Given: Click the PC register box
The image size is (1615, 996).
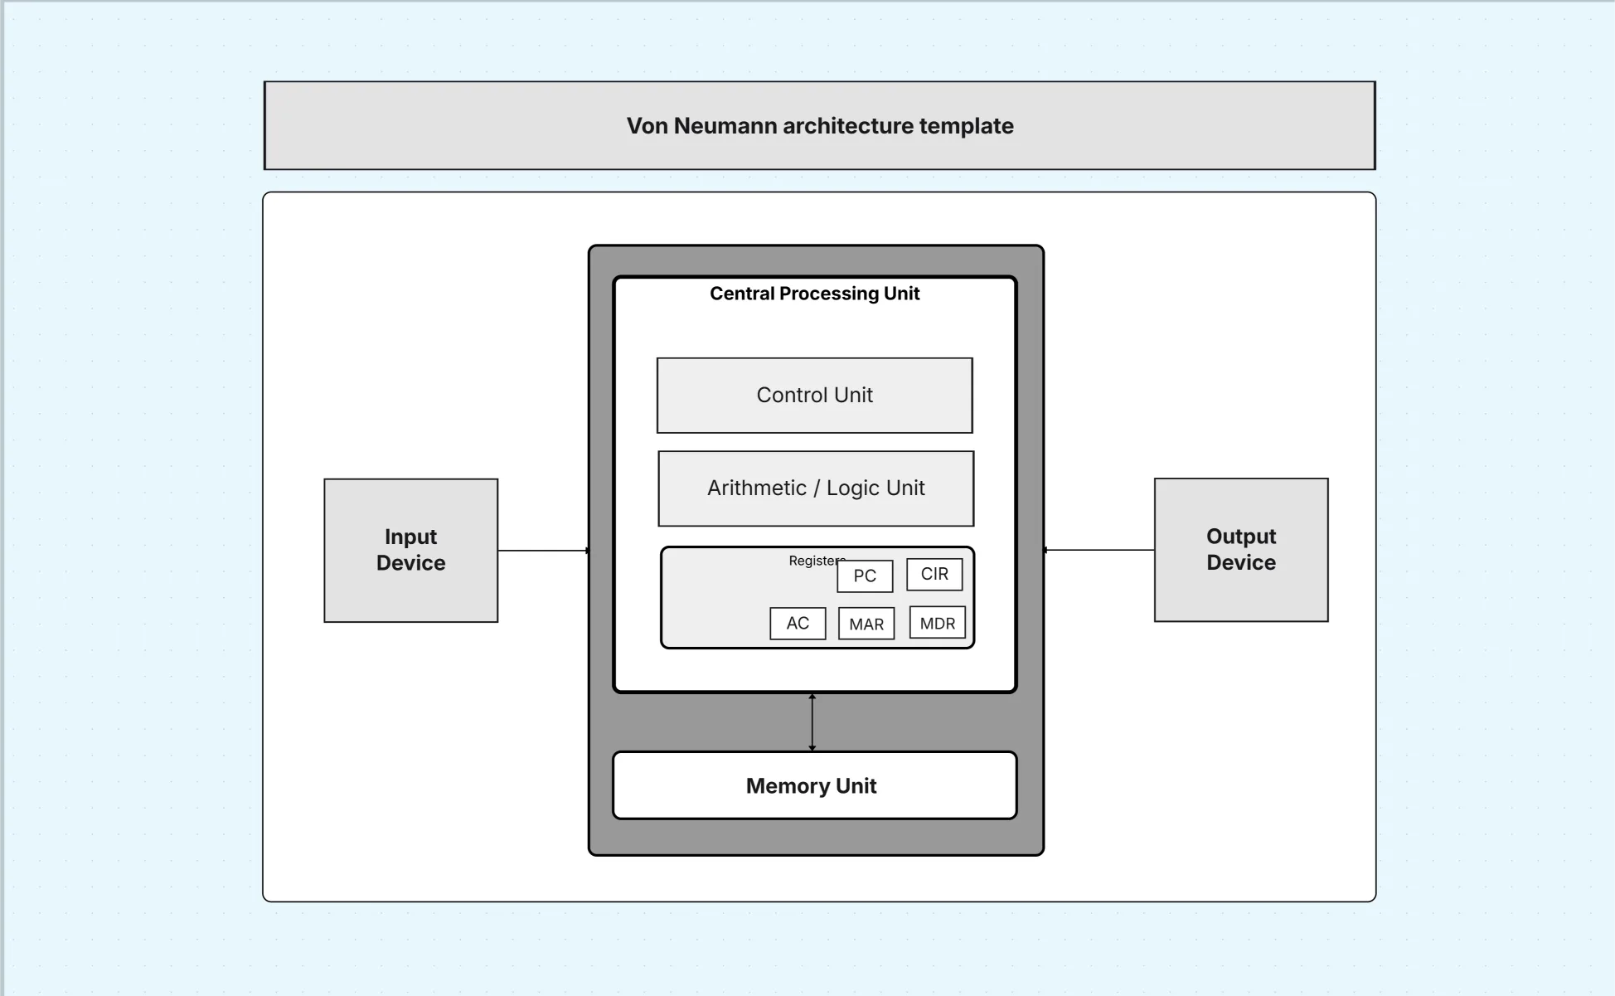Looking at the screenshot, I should tap(865, 576).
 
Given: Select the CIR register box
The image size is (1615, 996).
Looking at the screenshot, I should tap(934, 574).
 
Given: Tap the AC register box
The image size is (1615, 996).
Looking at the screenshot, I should tap(798, 624).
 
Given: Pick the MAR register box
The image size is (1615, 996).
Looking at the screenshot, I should tap(866, 624).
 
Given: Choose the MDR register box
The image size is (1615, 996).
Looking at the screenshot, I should tap(938, 624).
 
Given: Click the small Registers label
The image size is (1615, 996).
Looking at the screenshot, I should tap(812, 561).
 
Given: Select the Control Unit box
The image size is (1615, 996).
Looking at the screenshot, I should tap(814, 396).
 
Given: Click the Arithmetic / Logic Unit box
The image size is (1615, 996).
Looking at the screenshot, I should tap(816, 488).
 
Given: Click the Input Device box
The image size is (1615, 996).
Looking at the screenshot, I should tap(410, 550).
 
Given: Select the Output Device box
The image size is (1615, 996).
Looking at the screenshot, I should tap(1241, 550).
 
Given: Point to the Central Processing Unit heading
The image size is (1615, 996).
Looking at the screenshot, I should tap(814, 294).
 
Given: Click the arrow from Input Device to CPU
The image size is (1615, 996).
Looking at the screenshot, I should tap(543, 551).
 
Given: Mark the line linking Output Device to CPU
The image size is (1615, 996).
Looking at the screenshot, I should tap(1098, 550).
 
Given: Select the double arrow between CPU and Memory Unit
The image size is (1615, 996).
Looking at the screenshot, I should tap(812, 722).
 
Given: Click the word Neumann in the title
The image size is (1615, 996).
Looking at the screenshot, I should tap(725, 126).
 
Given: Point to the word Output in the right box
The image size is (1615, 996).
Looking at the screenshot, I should tap(1241, 537).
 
